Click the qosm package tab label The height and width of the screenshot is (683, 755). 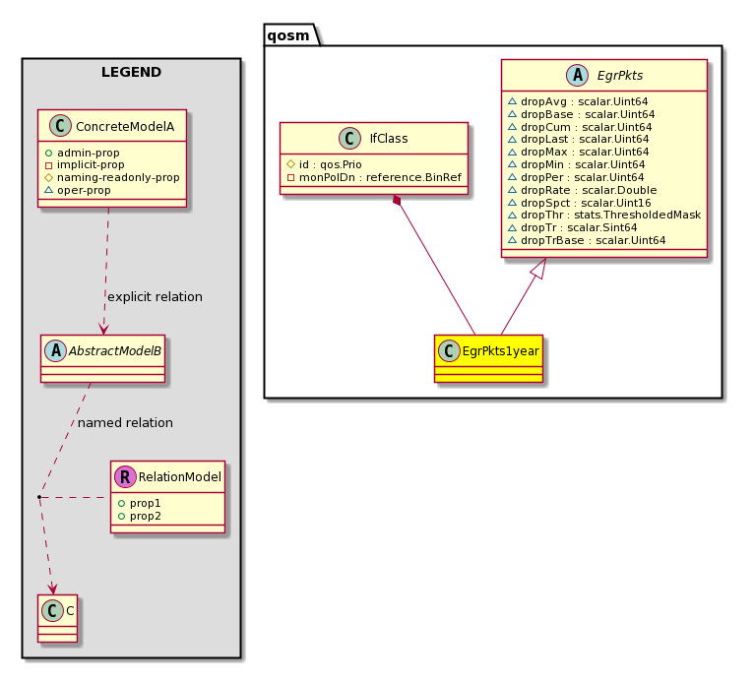(288, 35)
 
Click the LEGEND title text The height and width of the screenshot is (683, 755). (131, 72)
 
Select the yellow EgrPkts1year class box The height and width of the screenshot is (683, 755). (488, 358)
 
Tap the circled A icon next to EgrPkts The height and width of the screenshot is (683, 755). (577, 75)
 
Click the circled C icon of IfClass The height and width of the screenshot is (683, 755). (349, 138)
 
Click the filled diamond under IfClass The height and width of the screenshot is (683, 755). (398, 201)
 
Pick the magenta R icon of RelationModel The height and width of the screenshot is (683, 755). (125, 477)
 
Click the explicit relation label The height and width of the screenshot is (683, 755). (155, 297)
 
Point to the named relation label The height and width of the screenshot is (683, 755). (125, 422)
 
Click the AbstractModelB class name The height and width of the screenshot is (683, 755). (114, 351)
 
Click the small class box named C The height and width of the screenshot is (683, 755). (57, 618)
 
